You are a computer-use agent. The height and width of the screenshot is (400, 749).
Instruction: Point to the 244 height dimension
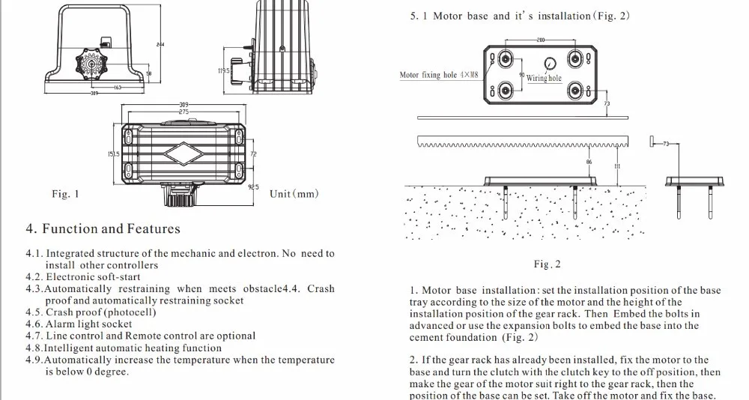coord(160,45)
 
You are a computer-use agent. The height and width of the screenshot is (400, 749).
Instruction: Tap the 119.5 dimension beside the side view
coord(223,70)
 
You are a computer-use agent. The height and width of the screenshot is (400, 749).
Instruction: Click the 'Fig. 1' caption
coord(65,194)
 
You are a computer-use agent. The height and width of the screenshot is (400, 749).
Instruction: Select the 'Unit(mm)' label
coord(294,194)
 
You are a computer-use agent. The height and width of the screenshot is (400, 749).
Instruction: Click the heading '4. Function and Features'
coord(103,228)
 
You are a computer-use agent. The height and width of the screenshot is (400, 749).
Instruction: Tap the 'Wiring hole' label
coord(544,78)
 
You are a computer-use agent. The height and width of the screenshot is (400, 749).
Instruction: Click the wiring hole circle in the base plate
coord(550,64)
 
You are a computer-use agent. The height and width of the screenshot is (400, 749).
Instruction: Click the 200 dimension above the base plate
coord(539,40)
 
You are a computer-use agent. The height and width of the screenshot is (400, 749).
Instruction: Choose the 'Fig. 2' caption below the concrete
coord(547,264)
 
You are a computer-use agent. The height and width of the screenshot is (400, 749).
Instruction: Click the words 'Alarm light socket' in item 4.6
coord(88,324)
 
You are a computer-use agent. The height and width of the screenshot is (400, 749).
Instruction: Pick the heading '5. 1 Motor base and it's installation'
coord(520,16)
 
